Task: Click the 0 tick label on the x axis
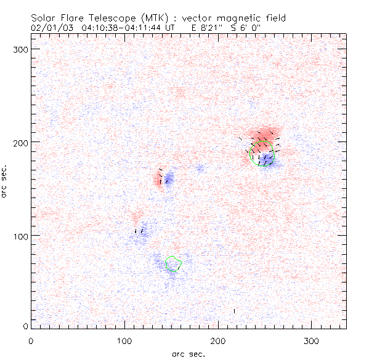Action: pyautogui.click(x=31, y=340)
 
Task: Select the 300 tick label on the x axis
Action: pyautogui.click(x=312, y=340)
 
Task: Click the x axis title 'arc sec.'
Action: pyautogui.click(x=188, y=353)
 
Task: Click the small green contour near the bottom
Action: pyautogui.click(x=174, y=263)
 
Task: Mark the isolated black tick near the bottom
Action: pyautogui.click(x=234, y=311)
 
